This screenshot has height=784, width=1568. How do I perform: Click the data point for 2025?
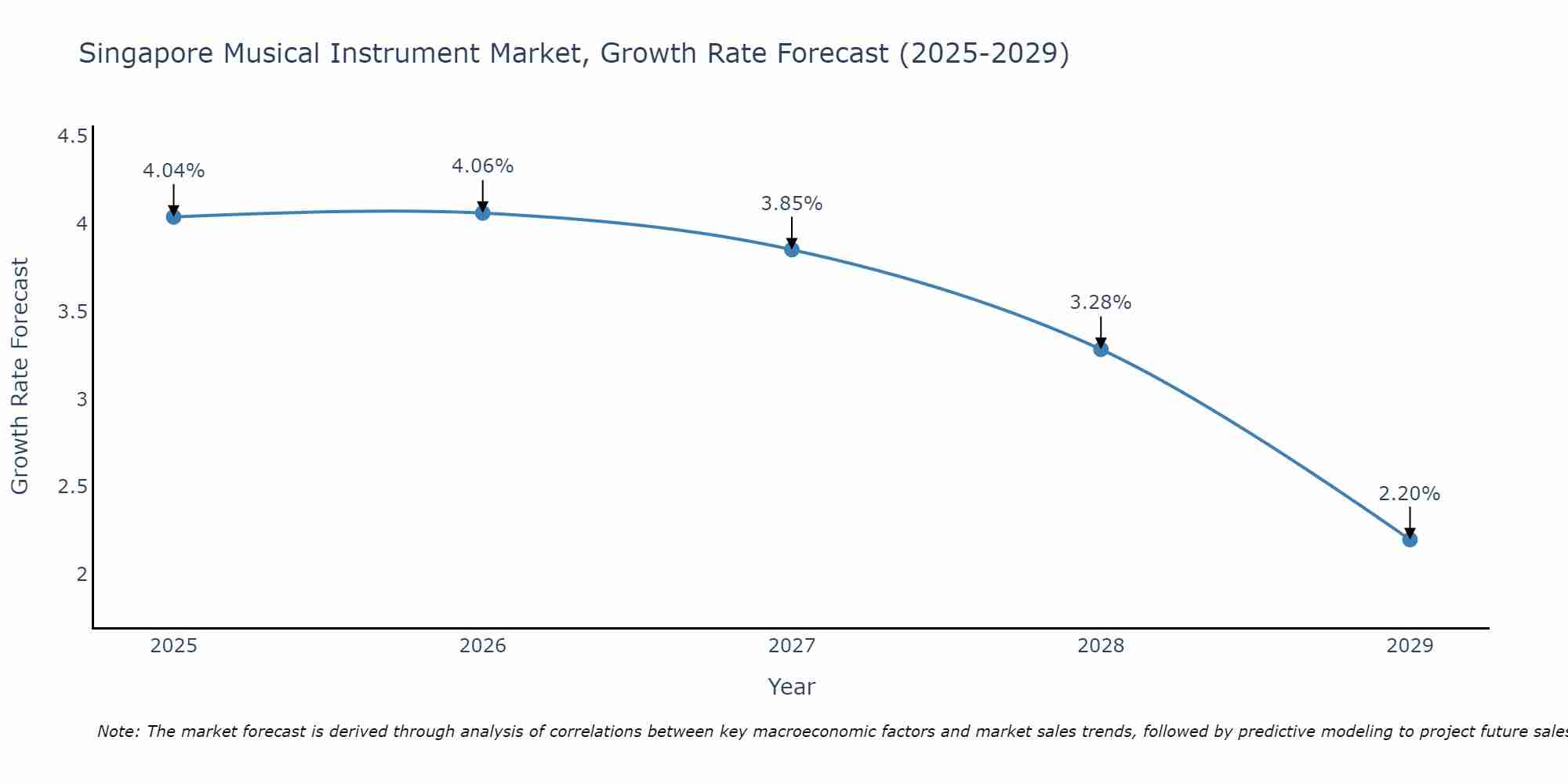[x=173, y=217]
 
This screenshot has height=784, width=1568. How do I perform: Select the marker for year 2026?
[x=483, y=212]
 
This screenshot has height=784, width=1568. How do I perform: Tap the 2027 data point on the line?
[x=792, y=250]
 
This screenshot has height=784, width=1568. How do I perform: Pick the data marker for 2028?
[x=1101, y=350]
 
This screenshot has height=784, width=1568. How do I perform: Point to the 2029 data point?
[x=1410, y=539]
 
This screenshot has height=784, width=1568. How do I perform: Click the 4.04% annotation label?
[x=173, y=171]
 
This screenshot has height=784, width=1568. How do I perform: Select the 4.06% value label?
[x=483, y=166]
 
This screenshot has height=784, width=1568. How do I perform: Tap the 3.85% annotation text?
[x=792, y=204]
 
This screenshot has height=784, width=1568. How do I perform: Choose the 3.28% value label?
[x=1101, y=303]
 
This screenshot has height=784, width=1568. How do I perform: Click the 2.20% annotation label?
[x=1410, y=494]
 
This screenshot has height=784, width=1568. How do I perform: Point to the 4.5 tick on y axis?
[x=72, y=137]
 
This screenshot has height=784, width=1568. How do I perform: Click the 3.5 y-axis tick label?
[x=72, y=312]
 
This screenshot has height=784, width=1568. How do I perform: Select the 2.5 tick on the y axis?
[x=72, y=487]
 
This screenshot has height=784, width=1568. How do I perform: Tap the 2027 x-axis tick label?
[x=792, y=646]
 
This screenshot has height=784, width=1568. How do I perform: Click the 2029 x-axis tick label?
[x=1410, y=646]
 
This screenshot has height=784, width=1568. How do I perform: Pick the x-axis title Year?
[x=792, y=687]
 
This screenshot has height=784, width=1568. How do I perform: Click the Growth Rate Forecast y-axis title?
[x=20, y=376]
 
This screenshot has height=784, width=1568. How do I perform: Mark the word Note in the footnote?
[x=117, y=731]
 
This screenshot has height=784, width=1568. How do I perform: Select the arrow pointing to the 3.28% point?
[x=1101, y=332]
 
